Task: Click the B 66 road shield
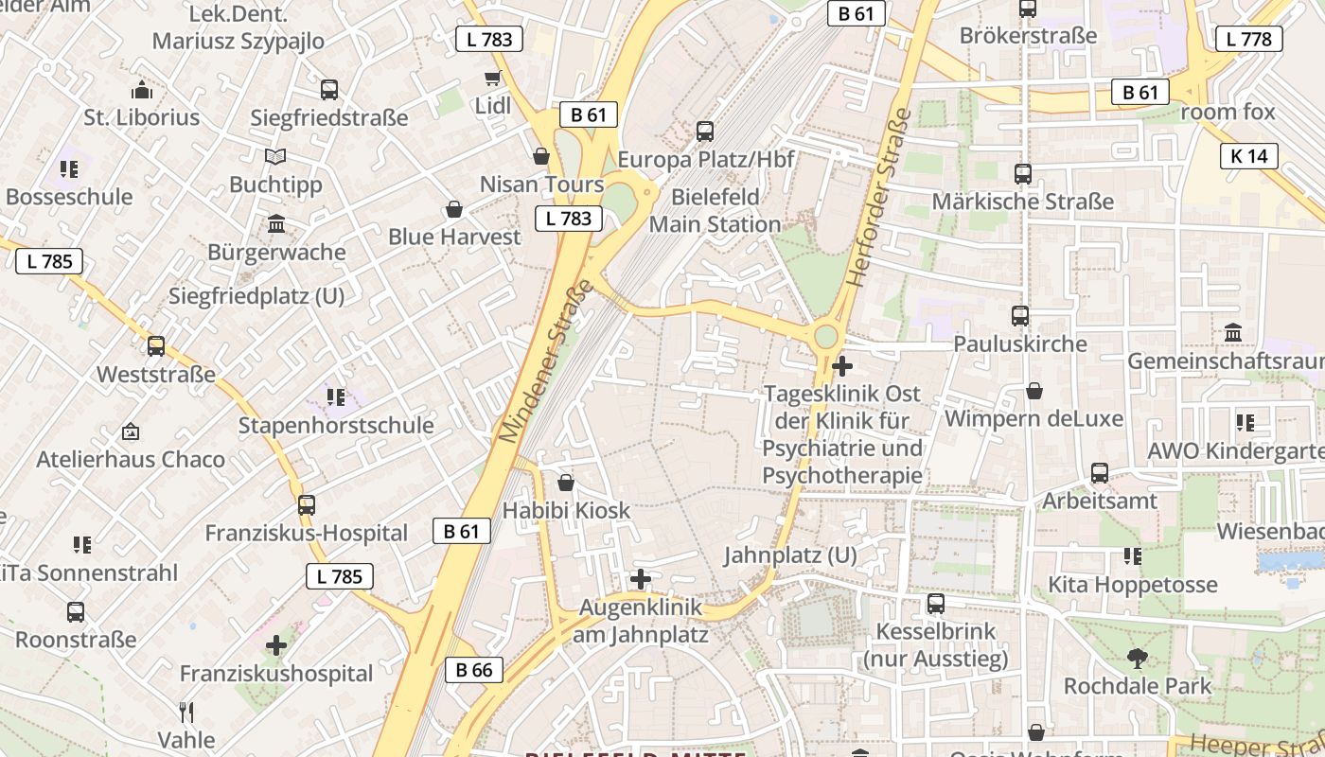tap(474, 670)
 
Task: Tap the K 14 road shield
tap(1249, 156)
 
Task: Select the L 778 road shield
tap(1249, 39)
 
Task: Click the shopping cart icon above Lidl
tap(492, 78)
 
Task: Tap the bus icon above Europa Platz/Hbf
tap(705, 132)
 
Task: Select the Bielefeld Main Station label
tap(715, 211)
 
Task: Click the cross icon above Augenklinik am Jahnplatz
tap(641, 578)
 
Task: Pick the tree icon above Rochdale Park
tap(1138, 658)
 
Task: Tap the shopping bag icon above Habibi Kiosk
tap(566, 483)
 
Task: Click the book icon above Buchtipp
tap(275, 156)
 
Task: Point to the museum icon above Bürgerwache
tap(276, 224)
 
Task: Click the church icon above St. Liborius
tap(142, 90)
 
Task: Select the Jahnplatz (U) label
tap(790, 555)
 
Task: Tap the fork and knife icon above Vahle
tap(186, 712)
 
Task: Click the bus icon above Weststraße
tap(156, 346)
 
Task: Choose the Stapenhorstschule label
tap(336, 425)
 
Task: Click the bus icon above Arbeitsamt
tap(1100, 473)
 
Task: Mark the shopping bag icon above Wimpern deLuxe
tap(1034, 391)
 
